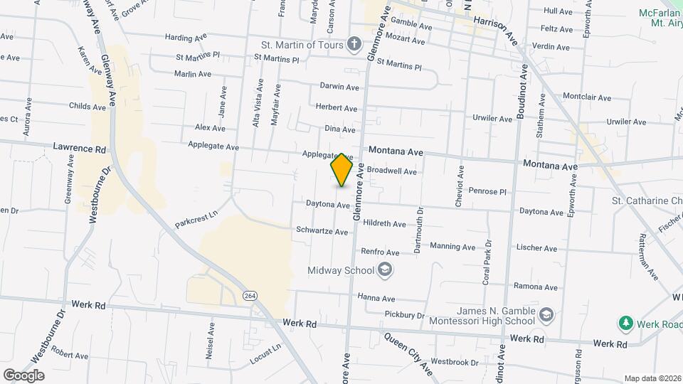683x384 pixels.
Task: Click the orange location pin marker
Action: [342, 169]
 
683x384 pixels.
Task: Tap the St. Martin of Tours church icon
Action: [354, 45]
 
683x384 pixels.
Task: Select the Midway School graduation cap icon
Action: [385, 270]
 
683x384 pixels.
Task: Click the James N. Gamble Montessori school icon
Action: [546, 315]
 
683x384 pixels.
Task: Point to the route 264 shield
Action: [250, 295]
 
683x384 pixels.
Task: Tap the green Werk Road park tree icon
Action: [626, 324]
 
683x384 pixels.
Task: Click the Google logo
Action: [23, 375]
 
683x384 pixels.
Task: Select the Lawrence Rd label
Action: [79, 149]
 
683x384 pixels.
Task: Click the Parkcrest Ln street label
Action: [195, 219]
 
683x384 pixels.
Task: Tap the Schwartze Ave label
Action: [322, 232]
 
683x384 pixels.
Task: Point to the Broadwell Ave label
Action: [391, 171]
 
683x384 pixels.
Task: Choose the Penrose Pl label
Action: [487, 191]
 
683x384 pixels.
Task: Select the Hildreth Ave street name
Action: [384, 223]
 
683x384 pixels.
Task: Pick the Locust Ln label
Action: [265, 354]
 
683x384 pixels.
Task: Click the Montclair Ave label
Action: [587, 97]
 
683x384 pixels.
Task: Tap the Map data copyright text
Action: [651, 378]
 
